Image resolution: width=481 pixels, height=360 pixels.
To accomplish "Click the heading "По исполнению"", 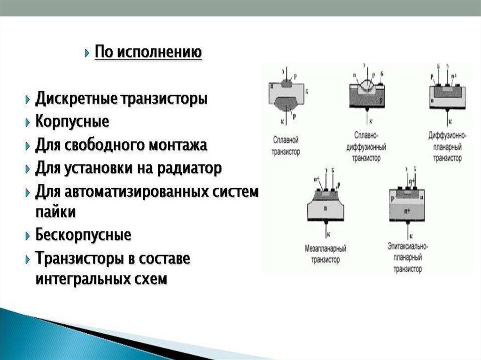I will coord(148,52).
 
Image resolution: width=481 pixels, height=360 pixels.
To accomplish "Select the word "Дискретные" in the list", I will coord(77,99).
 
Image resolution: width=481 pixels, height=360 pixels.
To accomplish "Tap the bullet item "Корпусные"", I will coord(72,122).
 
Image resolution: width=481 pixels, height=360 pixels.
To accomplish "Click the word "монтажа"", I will coord(178,145).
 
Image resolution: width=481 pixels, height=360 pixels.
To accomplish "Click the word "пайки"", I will coord(55,212).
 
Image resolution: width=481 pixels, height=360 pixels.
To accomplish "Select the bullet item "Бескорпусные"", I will coord(83,235).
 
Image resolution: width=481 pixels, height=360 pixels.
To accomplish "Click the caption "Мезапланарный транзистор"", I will coord(325,253).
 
